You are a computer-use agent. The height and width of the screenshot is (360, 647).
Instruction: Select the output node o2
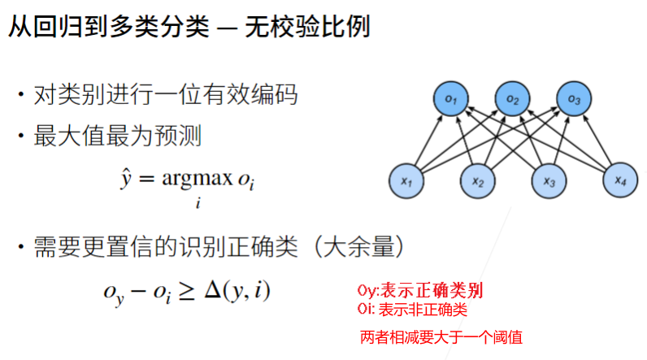(x=512, y=100)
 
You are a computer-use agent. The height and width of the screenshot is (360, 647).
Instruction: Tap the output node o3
(x=574, y=100)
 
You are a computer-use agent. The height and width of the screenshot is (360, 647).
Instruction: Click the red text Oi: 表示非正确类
(x=412, y=309)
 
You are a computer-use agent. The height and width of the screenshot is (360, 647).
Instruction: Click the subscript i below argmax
(x=198, y=203)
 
